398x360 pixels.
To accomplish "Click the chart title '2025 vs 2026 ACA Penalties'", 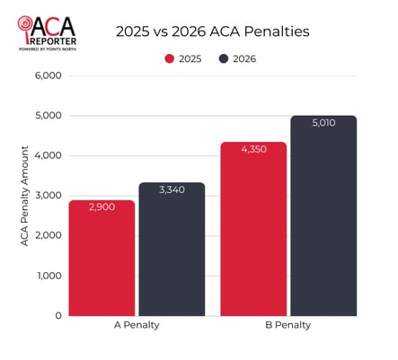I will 212,31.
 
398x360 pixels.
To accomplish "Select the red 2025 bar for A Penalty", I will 102,260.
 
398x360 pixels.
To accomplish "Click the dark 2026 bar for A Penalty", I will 172,251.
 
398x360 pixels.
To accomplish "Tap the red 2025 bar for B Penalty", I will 253,232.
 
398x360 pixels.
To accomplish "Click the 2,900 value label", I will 102,207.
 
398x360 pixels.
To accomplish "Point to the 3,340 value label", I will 172,190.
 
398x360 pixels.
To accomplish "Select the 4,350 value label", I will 253,149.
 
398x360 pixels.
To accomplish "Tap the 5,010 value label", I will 323,123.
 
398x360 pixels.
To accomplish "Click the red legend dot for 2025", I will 169,58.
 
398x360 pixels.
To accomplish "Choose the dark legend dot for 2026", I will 223,58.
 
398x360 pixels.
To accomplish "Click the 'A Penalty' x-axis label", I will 137,325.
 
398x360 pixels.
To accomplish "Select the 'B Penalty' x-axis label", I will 287,325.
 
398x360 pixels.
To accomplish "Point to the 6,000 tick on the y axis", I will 46,76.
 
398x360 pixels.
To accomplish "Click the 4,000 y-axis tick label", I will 46,155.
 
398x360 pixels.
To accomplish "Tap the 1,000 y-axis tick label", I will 46,276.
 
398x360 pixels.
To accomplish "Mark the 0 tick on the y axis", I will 57,315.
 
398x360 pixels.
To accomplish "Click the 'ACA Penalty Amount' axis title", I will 24,196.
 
